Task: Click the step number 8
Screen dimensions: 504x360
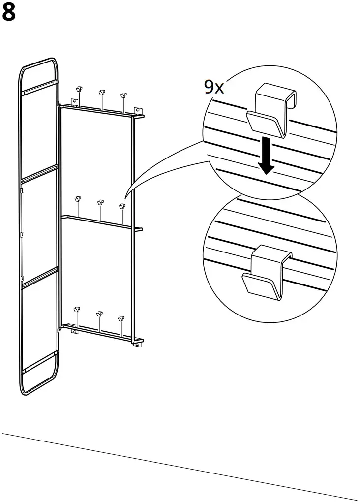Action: pos(9,13)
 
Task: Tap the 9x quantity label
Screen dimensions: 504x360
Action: pos(214,87)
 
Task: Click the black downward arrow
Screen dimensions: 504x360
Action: pos(266,155)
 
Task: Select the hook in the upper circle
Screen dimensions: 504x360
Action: pos(271,111)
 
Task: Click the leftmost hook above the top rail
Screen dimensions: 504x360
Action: pos(78,89)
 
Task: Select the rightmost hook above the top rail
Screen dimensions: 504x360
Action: pos(123,94)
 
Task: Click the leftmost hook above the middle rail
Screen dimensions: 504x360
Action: pos(77,199)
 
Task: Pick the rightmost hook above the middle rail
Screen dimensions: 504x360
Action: pos(122,206)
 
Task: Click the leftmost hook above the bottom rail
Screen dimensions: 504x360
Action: pos(76,310)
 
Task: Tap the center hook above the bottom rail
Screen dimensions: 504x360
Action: pos(99,313)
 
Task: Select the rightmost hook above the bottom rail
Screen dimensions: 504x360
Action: pos(121,318)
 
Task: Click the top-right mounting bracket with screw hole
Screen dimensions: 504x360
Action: pos(138,111)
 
